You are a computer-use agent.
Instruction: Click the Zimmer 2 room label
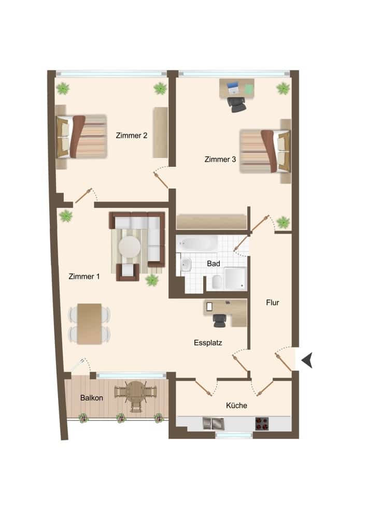132,136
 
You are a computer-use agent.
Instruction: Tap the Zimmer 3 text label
220,160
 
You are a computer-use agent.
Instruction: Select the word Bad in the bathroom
214,264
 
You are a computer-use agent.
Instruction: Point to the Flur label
272,303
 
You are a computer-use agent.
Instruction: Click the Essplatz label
208,342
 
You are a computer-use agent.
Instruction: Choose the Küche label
236,406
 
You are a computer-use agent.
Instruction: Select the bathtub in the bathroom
197,243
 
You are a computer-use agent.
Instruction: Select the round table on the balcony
136,391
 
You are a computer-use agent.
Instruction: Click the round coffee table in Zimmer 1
129,247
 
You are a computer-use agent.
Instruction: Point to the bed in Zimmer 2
81,137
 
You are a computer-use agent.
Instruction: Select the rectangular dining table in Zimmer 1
89,324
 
